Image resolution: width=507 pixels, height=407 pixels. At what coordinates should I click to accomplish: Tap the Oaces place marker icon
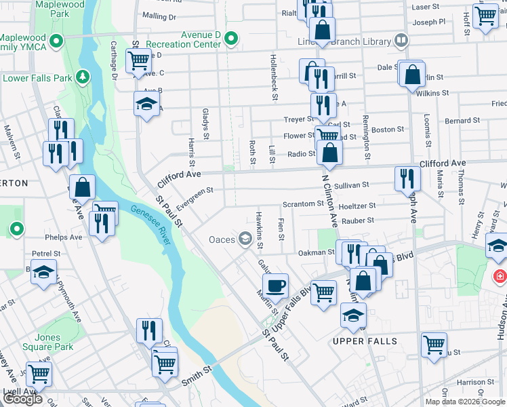(x=245, y=239)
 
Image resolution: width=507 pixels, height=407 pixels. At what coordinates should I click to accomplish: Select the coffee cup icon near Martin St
(x=275, y=285)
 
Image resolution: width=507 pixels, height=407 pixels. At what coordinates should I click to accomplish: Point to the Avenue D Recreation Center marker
(x=232, y=38)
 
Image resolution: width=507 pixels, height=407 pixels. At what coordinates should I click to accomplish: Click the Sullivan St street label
(x=351, y=185)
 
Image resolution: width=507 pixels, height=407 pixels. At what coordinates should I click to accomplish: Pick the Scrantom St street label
(x=302, y=203)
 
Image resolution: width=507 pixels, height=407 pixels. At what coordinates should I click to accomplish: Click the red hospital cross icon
(x=500, y=277)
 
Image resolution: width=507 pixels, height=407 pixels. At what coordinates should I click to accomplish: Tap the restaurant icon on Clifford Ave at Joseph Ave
(x=407, y=178)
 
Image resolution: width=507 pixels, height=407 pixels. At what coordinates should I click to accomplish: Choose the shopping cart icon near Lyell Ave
(x=39, y=373)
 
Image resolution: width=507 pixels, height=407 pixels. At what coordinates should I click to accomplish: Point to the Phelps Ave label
(x=63, y=237)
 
